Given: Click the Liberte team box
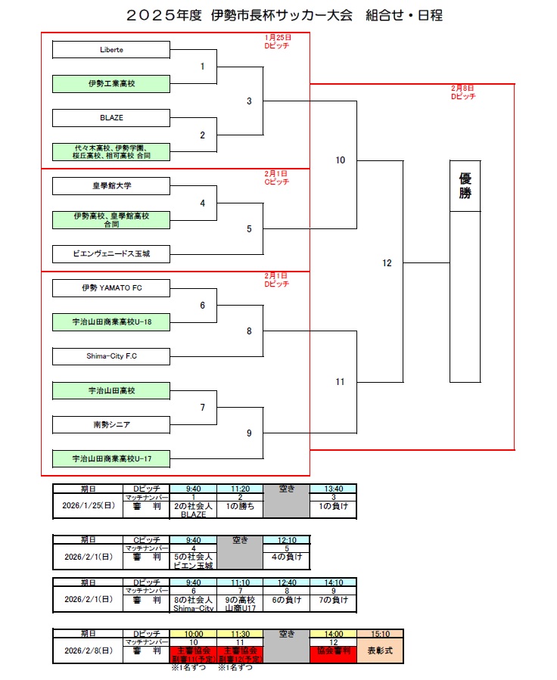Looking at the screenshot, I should click(x=111, y=50).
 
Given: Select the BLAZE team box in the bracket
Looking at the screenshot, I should click(x=111, y=118).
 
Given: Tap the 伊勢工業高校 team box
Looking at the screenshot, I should click(x=111, y=84).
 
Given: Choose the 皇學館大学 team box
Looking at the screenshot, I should click(x=111, y=185).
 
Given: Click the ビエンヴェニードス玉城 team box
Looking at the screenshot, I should click(x=111, y=253).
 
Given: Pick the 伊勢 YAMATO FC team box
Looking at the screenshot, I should click(x=111, y=288).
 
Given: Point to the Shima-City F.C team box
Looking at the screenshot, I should click(x=111, y=356).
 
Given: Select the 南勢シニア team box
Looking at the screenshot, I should click(x=111, y=425).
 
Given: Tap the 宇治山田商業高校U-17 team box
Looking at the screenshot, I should click(x=111, y=459).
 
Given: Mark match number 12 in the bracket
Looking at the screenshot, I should click(x=387, y=263).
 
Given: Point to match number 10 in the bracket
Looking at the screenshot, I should click(x=341, y=160).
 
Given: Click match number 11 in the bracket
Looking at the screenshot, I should click(x=341, y=382).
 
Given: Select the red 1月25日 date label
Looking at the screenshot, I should click(x=277, y=36).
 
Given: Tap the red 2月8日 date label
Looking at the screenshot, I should click(x=462, y=88).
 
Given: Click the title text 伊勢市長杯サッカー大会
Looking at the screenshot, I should click(x=278, y=15).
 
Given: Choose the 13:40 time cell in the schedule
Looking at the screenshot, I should click(x=333, y=488).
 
